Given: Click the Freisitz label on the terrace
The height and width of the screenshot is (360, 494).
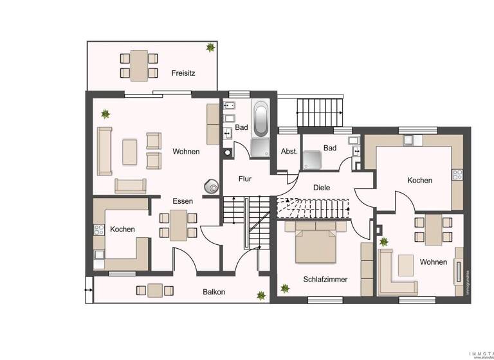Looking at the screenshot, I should tap(183, 73).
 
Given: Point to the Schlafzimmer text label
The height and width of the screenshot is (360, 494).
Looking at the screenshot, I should tap(325, 280).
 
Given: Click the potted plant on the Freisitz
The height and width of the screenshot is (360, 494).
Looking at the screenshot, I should tap(210, 47).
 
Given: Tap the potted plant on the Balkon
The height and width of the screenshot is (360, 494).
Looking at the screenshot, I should tap(261, 295).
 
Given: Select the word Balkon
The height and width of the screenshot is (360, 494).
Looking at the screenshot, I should tap(214, 292).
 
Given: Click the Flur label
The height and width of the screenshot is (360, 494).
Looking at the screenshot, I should tap(245, 179).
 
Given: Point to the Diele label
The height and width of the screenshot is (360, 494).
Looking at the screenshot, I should tap(322, 188).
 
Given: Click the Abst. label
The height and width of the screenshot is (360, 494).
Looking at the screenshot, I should tap(289, 152).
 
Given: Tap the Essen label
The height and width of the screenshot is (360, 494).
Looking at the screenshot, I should tap(183, 201).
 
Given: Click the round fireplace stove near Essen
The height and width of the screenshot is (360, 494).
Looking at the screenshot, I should tap(211, 186).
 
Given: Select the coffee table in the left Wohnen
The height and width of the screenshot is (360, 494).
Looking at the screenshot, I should tap(129, 151).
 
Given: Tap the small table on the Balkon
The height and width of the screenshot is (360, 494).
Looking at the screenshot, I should tap(155, 291).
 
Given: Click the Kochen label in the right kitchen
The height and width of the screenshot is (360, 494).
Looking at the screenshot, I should tap(419, 181).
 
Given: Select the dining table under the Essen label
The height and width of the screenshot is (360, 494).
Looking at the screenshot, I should tap(178, 225).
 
